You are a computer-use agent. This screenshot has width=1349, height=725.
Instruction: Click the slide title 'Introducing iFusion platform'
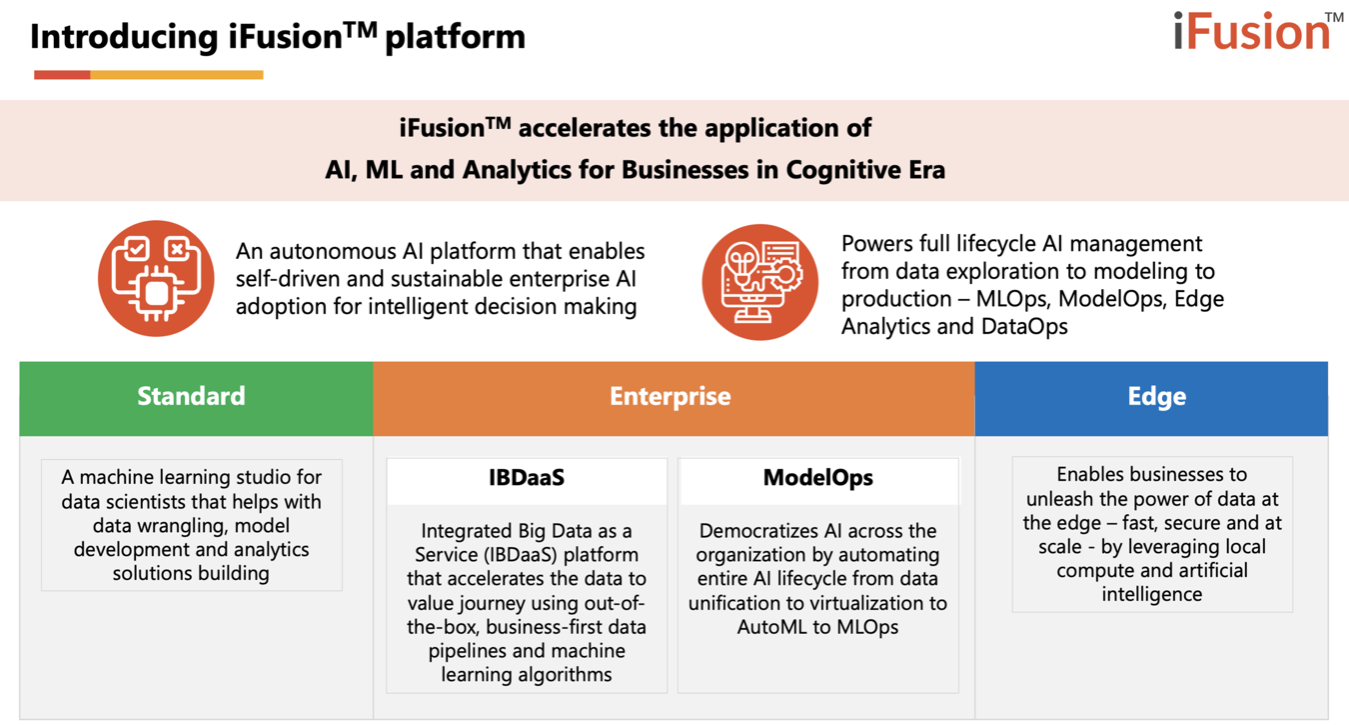coord(278,37)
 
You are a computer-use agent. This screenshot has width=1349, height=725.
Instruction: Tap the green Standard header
coord(191,396)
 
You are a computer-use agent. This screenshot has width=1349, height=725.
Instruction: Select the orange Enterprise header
coord(671,396)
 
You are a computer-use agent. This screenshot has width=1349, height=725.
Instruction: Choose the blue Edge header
coord(1156,396)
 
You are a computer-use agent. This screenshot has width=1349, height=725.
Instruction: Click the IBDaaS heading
coord(527,478)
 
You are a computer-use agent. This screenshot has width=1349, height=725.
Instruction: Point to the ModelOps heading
coord(817,478)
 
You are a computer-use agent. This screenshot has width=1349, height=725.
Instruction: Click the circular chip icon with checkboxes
coord(156,278)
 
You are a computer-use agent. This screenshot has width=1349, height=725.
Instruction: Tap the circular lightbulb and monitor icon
coord(760,281)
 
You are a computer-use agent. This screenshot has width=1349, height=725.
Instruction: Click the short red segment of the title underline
coord(62,75)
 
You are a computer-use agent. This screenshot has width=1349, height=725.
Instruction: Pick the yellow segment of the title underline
coord(177,75)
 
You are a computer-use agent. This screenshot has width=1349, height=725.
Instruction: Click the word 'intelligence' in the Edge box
coord(1151,595)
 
